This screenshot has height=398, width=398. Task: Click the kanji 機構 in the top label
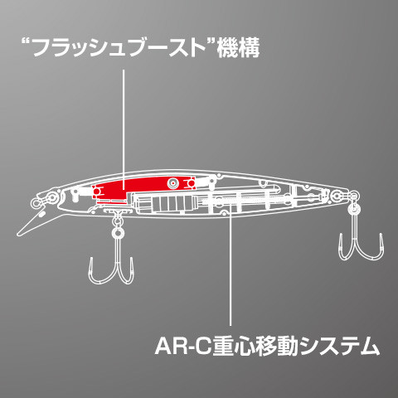tap(238, 49)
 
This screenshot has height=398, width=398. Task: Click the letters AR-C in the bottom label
tap(183, 346)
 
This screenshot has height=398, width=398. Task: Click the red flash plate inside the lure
tap(143, 188)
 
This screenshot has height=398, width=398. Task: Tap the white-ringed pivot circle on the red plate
tap(173, 182)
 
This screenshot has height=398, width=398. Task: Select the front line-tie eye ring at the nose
tap(36, 203)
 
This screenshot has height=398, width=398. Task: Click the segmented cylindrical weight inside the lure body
tap(166, 204)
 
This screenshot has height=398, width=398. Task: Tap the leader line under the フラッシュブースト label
tap(124, 130)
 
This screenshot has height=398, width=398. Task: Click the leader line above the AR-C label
tap(231, 265)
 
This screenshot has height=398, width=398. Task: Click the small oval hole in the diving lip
tap(41, 214)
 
